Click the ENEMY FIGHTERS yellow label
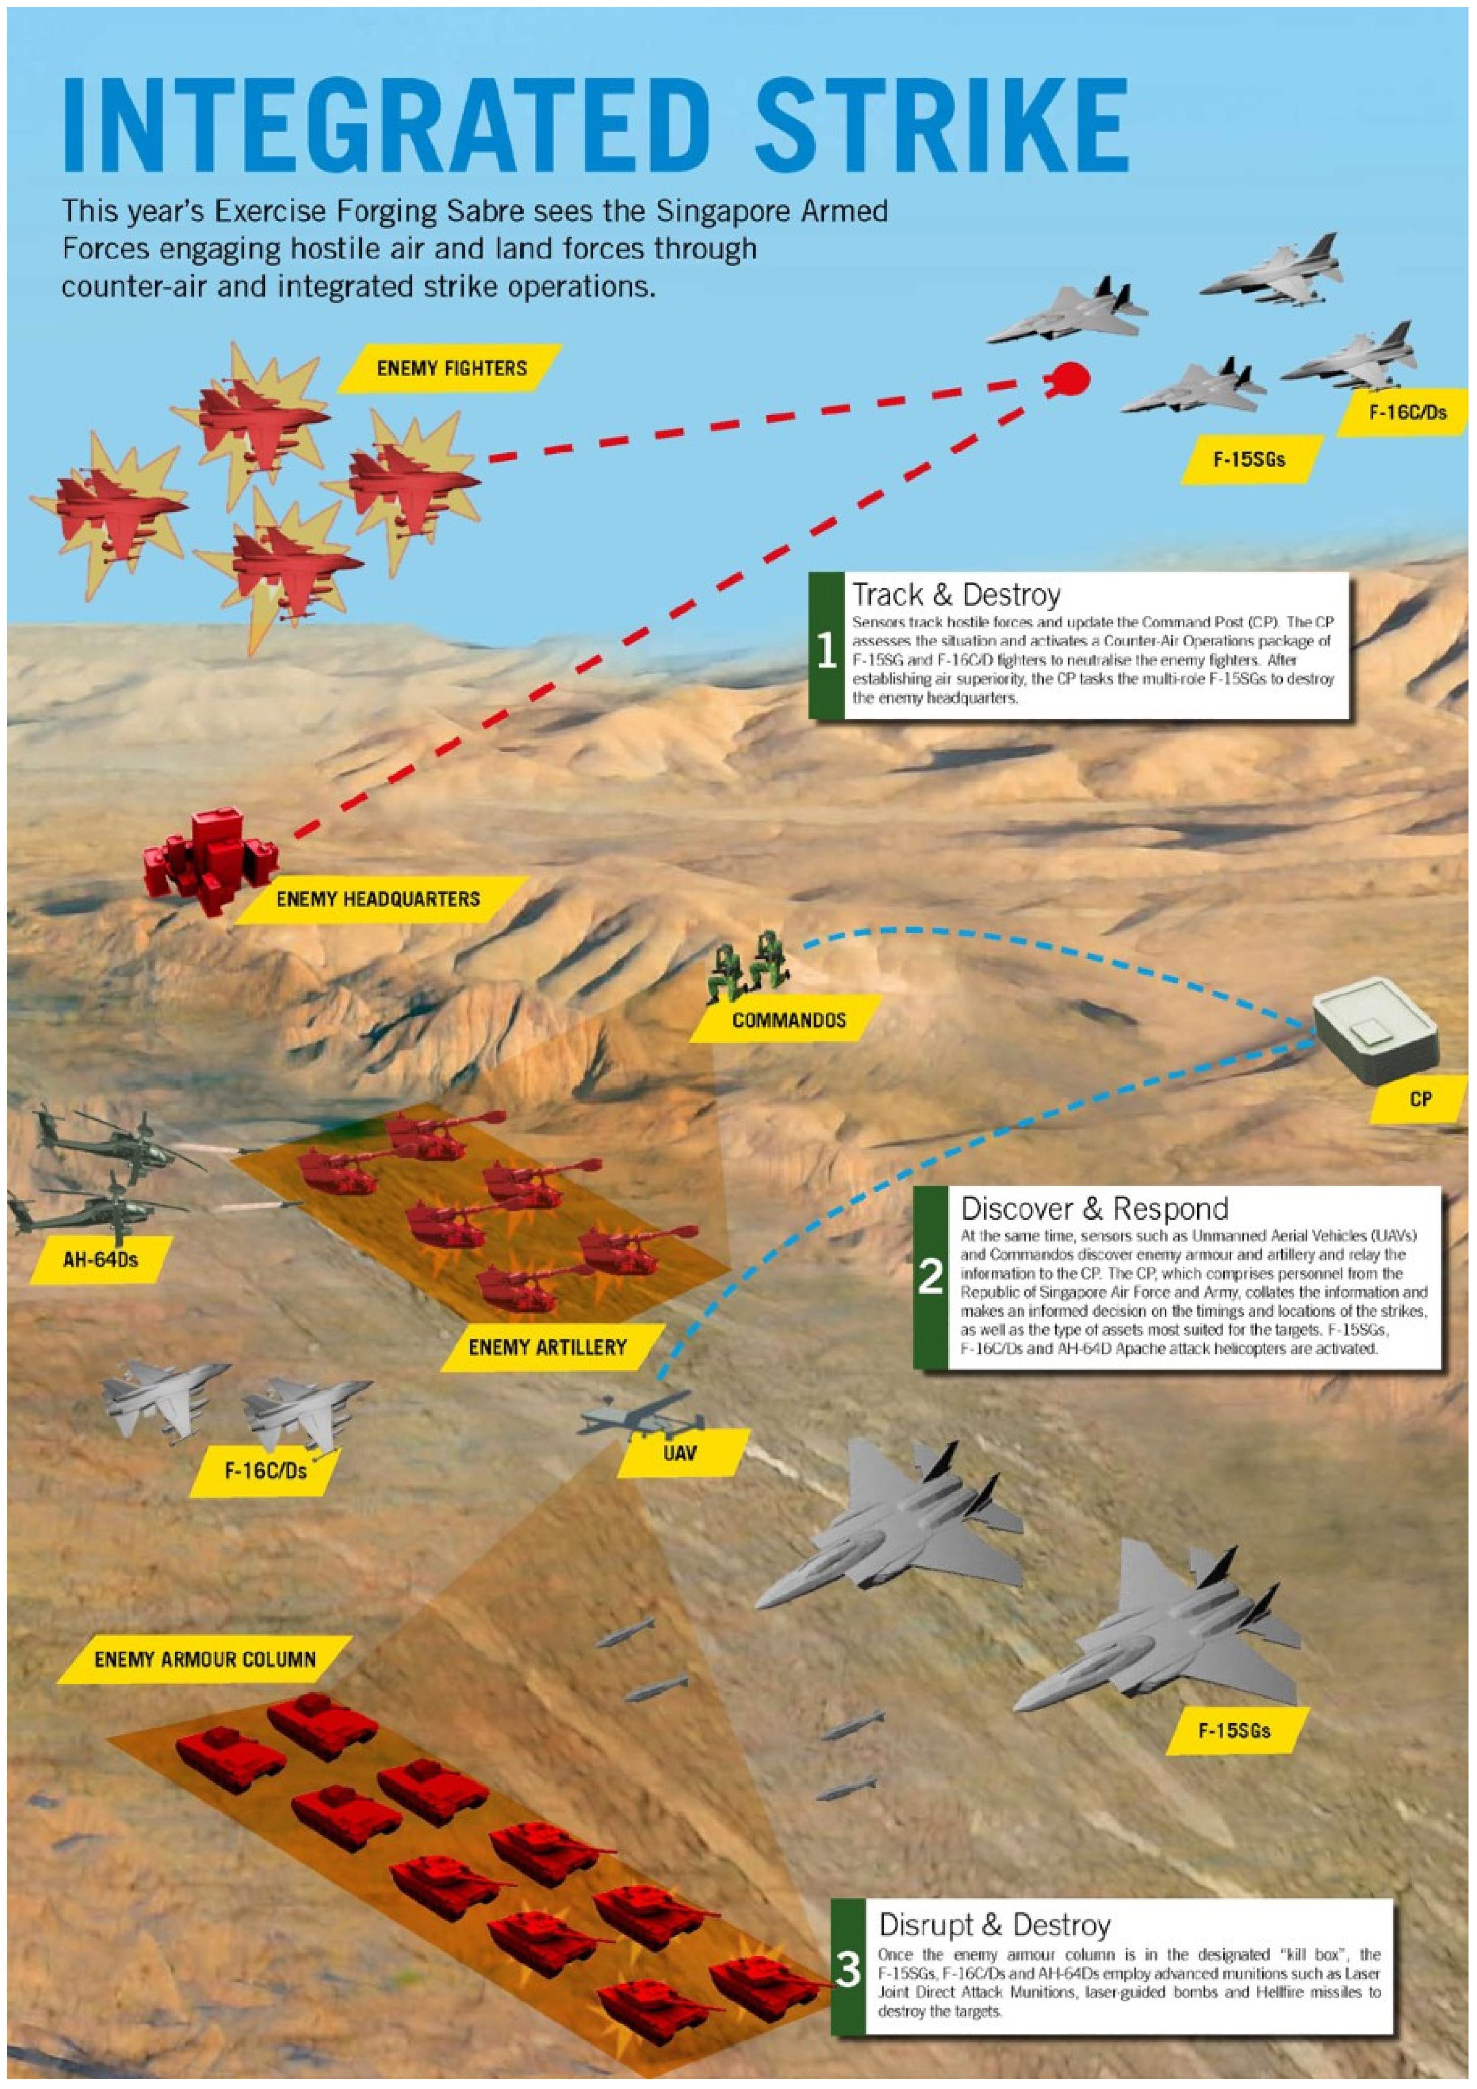pos(451,369)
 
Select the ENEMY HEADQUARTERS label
pos(378,899)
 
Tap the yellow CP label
pos(1420,1099)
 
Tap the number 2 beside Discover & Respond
pos(930,1277)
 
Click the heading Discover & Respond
pos(1094,1209)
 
